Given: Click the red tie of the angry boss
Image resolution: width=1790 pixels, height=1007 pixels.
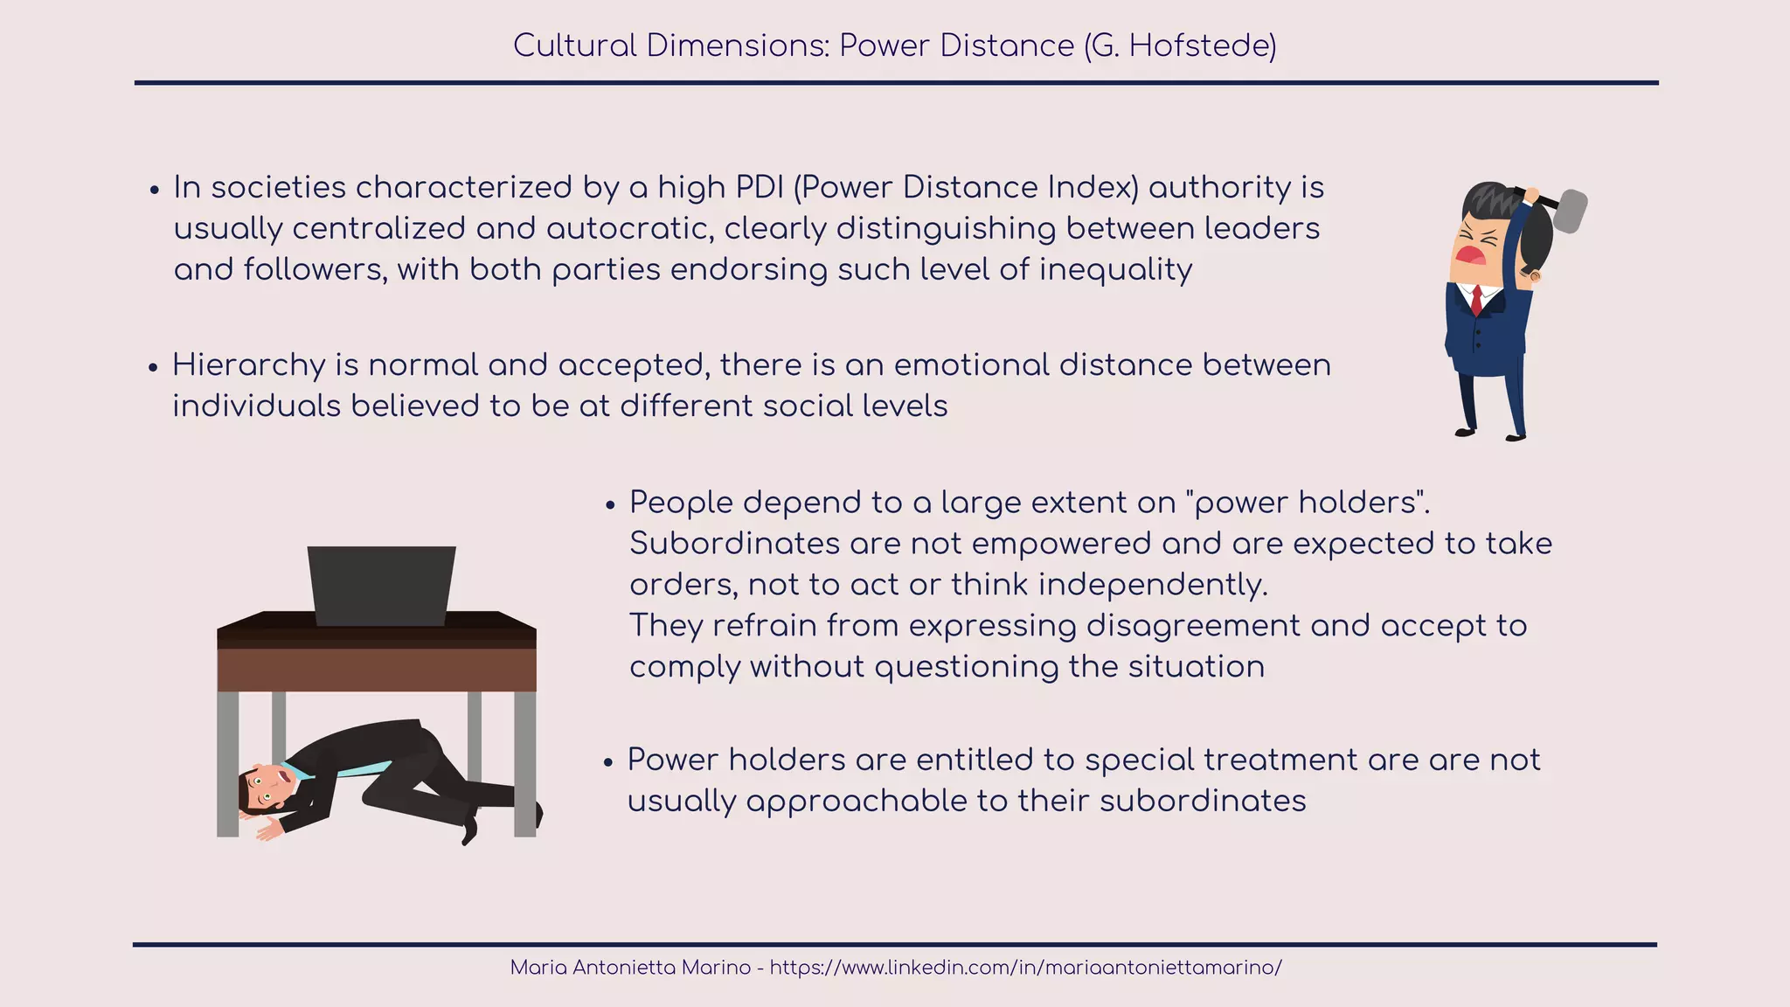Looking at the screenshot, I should coord(1476,300).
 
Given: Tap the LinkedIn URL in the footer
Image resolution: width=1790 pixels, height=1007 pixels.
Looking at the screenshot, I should coord(1025,968).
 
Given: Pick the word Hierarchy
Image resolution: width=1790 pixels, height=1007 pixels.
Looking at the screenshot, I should coord(248,365).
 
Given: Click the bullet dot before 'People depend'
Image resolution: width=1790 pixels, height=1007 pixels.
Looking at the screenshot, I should coord(610,506).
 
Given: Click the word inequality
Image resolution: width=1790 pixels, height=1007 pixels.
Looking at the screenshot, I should coord(1115,269).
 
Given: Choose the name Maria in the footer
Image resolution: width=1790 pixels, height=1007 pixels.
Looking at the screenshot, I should coord(538,968).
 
